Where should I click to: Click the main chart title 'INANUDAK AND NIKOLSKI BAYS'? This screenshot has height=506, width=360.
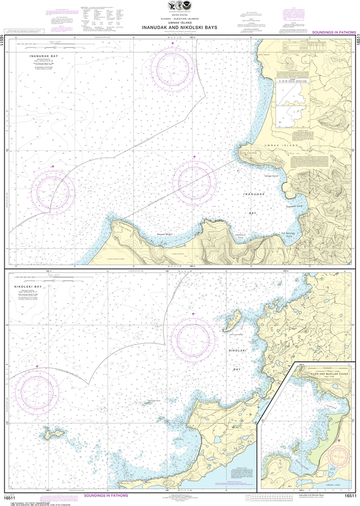point(180,27)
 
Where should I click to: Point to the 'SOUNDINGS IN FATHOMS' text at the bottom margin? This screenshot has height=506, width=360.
point(106,495)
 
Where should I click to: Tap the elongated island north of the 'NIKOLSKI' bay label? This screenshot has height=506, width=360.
point(231,321)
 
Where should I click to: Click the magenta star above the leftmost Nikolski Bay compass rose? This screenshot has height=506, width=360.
point(37,366)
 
